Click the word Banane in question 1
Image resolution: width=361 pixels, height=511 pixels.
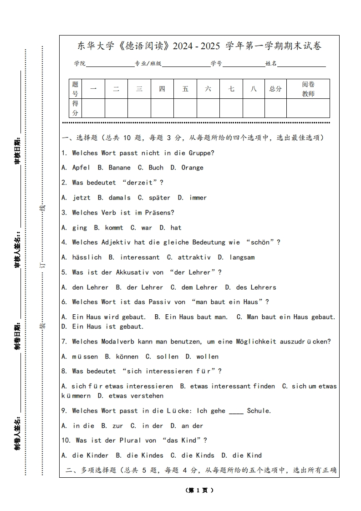[x=119, y=168]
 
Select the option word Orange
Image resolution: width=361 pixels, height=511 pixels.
[x=192, y=168]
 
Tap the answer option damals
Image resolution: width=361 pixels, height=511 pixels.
[x=119, y=198]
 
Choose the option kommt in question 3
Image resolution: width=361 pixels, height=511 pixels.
[x=114, y=228]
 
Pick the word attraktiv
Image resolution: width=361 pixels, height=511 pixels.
[x=194, y=257]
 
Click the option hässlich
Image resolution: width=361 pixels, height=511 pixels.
[x=86, y=257]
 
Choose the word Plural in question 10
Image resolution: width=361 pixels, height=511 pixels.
[x=130, y=440]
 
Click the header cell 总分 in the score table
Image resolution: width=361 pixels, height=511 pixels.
[x=275, y=89]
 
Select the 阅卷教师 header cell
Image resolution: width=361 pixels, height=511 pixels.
[x=308, y=89]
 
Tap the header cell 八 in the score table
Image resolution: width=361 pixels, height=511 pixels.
[x=254, y=89]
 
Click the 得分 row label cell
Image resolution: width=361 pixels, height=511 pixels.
[x=75, y=108]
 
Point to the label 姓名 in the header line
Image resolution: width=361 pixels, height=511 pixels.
[x=271, y=64]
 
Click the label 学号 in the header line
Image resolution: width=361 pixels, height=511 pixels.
[x=216, y=64]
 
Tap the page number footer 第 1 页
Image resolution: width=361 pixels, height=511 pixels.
[x=199, y=491]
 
